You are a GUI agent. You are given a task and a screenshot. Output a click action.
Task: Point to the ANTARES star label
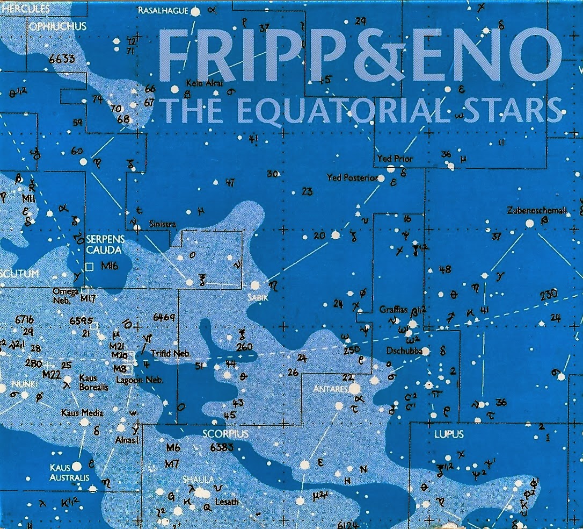click(x=333, y=388)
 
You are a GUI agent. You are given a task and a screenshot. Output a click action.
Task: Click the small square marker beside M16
click(x=90, y=266)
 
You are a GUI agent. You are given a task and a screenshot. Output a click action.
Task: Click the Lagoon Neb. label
click(x=147, y=380)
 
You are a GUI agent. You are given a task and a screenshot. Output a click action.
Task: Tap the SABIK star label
click(x=257, y=297)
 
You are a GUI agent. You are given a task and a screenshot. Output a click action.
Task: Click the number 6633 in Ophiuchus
click(x=61, y=59)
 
